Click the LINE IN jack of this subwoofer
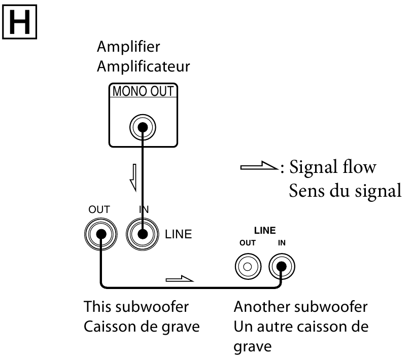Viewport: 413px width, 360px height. pos(143,234)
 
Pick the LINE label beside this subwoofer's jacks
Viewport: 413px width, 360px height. pos(179,235)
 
